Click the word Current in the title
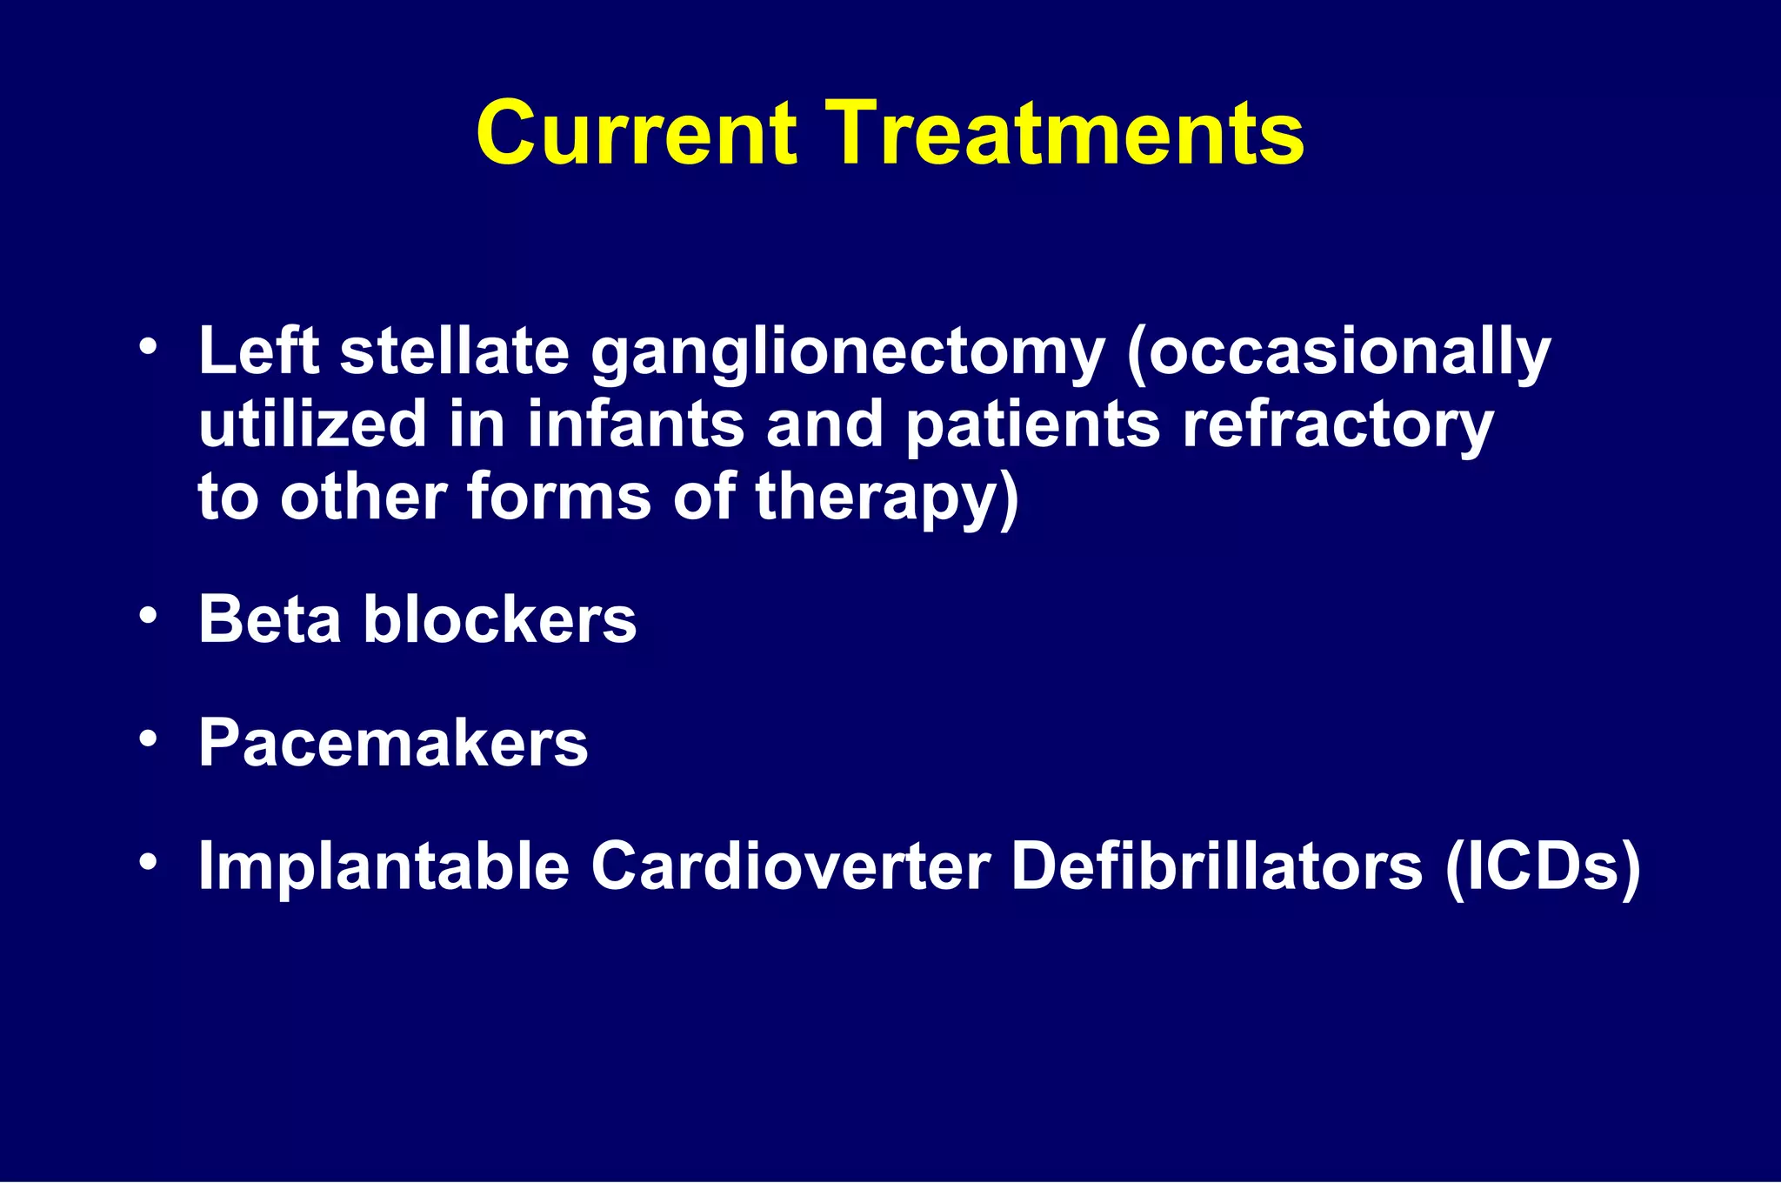coord(636,133)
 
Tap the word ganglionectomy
coord(848,354)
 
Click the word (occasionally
coord(1338,354)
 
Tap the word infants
coord(636,424)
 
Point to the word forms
coord(559,498)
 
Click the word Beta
coord(270,619)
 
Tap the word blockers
coord(500,619)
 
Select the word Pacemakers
coord(393,744)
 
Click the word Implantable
coord(384,867)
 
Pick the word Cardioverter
coord(790,867)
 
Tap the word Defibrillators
coord(1217,867)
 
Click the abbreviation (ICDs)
coord(1542,867)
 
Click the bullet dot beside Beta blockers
coord(149,615)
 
